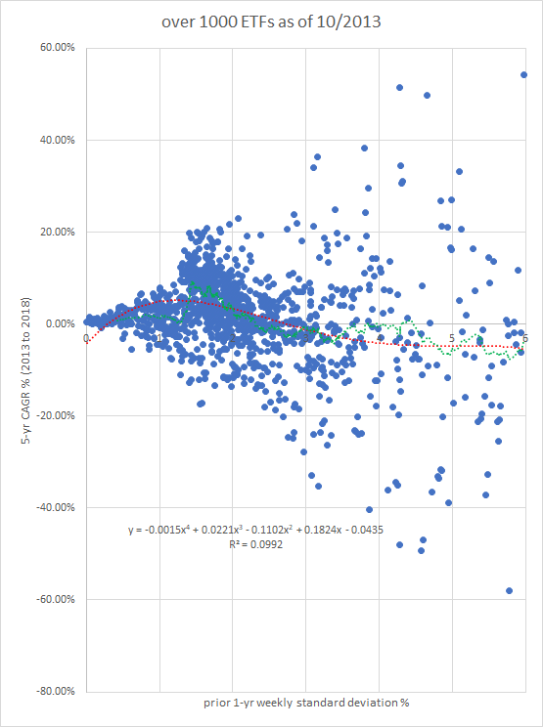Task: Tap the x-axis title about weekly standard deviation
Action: (305, 705)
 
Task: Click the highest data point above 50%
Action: (524, 74)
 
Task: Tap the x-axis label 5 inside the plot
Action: (452, 338)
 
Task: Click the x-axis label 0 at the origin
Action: (86, 338)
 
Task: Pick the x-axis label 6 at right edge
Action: (524, 338)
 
